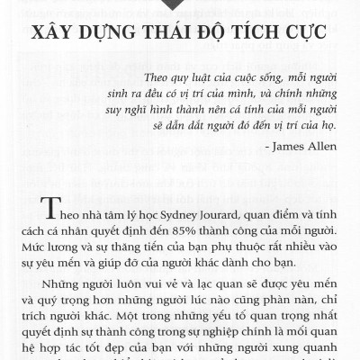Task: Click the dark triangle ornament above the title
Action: [179, 6]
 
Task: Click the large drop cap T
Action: [51, 210]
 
